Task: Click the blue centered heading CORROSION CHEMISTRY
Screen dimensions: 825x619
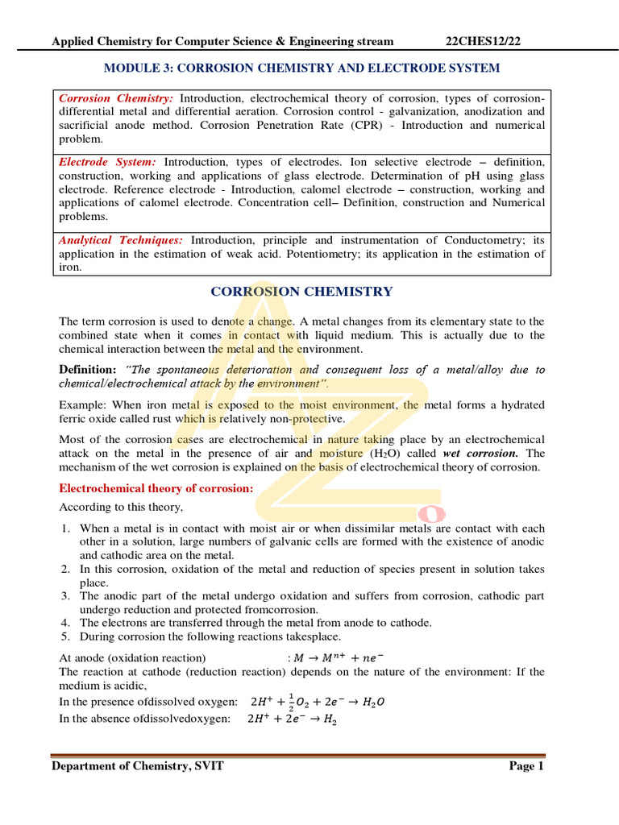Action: [x=301, y=292]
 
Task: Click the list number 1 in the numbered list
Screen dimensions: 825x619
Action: [x=64, y=528]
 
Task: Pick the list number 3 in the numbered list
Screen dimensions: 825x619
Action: [x=64, y=595]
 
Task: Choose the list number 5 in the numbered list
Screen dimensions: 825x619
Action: [x=64, y=636]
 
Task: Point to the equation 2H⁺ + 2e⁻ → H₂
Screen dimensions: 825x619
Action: [x=292, y=719]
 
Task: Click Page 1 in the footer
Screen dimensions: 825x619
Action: [x=527, y=766]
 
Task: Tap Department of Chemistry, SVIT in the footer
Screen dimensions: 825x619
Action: [x=138, y=766]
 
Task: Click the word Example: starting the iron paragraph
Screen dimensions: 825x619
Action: [x=84, y=404]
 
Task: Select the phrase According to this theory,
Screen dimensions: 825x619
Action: [x=121, y=507]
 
